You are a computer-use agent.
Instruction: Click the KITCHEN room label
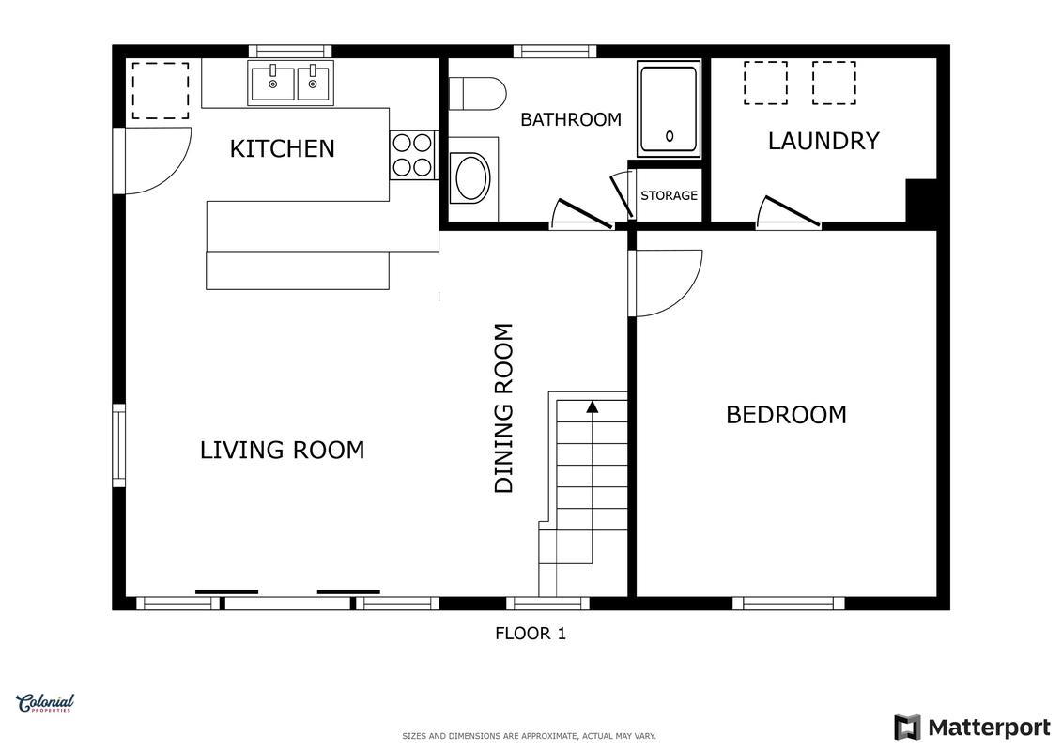(283, 148)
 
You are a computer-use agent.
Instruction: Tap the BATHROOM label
(571, 120)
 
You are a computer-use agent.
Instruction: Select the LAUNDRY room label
(823, 141)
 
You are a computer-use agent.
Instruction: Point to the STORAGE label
(670, 195)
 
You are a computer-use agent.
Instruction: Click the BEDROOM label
(786, 414)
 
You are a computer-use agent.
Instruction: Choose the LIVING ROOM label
(283, 450)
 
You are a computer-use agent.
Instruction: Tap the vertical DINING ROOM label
(504, 408)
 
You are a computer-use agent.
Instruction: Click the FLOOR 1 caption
(531, 633)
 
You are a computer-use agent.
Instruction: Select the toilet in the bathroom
(478, 94)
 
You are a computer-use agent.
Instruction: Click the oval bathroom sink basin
(472, 178)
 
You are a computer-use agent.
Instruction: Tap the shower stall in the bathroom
(669, 109)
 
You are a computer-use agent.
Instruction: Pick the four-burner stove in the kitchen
(413, 154)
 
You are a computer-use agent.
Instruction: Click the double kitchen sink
(290, 83)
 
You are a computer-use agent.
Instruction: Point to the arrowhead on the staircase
(593, 406)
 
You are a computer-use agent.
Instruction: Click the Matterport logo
(972, 728)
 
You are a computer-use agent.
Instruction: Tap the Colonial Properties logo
(45, 703)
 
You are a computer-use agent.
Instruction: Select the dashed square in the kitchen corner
(161, 91)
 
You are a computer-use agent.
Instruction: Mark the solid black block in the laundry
(921, 201)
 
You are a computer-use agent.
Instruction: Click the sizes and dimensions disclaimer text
(529, 736)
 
